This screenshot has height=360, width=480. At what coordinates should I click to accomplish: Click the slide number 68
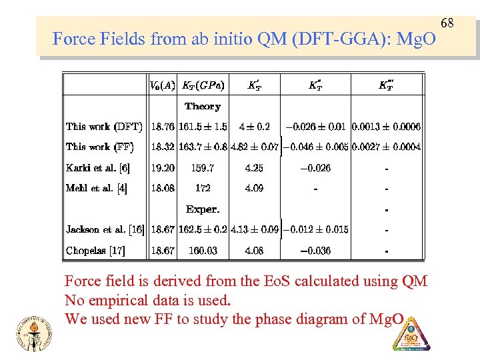447,25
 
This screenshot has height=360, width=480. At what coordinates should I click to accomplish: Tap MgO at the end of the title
417,39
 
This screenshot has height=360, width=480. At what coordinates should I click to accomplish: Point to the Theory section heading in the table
202,106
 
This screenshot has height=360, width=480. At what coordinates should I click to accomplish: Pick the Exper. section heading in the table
203,209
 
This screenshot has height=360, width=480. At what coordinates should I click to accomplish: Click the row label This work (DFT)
103,127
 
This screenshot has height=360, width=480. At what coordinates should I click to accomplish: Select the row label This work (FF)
99,147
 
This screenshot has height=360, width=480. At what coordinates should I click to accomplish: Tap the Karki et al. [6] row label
98,168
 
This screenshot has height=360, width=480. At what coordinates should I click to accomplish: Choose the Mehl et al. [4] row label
97,189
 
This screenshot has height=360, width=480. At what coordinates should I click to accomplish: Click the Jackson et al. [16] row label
105,230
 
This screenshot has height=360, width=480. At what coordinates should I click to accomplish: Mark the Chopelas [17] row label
95,251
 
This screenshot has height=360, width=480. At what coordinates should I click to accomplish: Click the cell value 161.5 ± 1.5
203,127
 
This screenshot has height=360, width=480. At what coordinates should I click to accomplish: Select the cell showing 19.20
163,168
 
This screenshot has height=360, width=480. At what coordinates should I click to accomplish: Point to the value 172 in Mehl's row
203,189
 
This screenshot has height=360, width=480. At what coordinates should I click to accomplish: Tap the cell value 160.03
203,251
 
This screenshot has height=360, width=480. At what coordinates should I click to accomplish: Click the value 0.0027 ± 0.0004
386,147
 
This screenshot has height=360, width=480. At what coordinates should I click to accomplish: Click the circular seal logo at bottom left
31,331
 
